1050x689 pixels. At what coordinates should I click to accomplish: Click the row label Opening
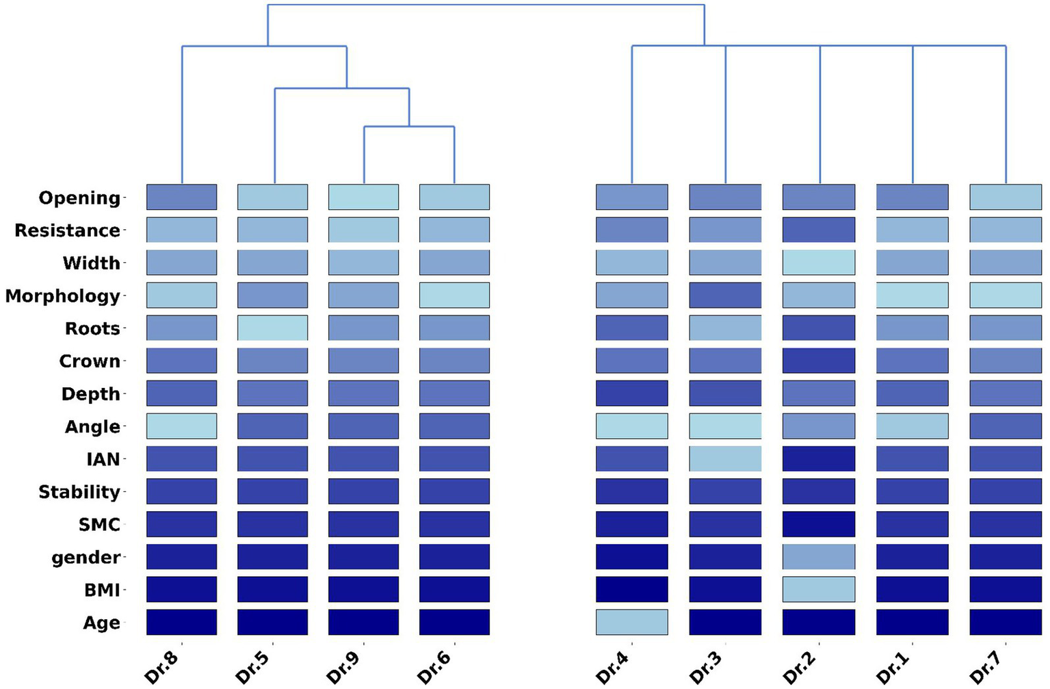click(79, 198)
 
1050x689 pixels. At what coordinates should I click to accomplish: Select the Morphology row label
click(62, 296)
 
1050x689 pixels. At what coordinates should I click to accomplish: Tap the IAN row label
click(103, 459)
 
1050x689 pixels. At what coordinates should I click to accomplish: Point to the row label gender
click(86, 558)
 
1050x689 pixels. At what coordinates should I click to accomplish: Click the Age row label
click(101, 623)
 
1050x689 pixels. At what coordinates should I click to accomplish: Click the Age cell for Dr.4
click(631, 622)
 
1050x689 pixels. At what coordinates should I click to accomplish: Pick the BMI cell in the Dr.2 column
click(818, 589)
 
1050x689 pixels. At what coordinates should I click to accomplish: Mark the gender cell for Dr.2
click(818, 556)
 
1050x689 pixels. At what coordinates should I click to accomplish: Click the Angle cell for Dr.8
click(181, 426)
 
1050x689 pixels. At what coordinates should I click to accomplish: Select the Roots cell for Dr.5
click(272, 328)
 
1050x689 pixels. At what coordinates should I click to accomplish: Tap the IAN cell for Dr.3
click(725, 458)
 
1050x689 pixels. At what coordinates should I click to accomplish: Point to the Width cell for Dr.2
click(818, 262)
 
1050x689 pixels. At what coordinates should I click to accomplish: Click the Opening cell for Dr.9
click(363, 197)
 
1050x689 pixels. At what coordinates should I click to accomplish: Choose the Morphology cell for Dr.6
click(454, 295)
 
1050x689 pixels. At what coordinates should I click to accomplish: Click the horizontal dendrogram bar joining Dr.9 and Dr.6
click(409, 127)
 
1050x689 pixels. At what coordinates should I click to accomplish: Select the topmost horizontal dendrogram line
click(486, 5)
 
